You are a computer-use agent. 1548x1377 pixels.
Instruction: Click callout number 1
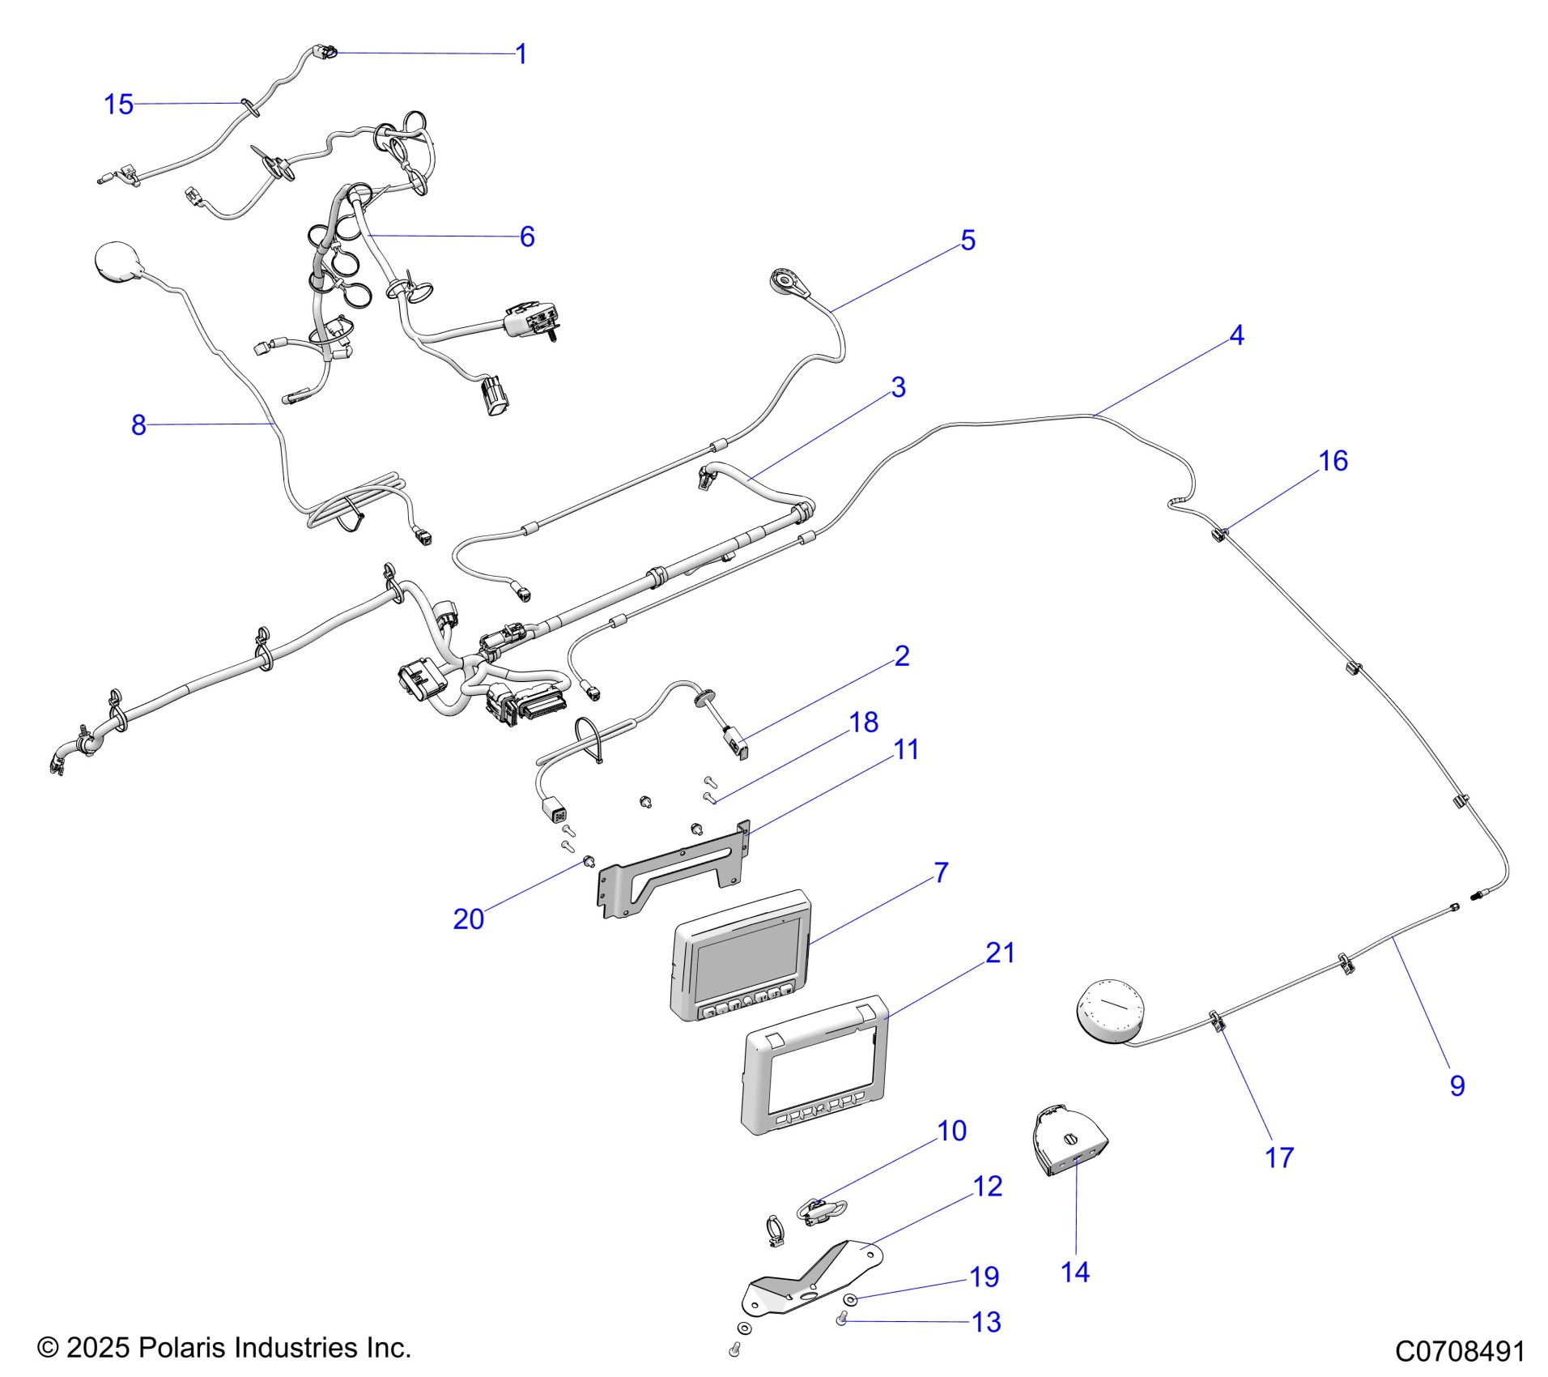(521, 54)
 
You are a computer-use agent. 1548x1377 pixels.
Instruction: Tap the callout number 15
(118, 104)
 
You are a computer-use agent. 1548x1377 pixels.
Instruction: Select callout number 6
(527, 237)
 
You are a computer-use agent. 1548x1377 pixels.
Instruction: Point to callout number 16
(1333, 461)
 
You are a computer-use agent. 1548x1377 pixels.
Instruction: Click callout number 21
(1000, 953)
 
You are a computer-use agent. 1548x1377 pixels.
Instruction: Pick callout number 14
(1074, 1273)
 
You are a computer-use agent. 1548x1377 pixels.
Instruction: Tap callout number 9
(1457, 1085)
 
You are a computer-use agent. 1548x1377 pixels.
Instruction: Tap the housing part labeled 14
(1070, 1147)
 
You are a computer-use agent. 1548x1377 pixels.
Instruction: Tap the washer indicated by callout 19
(850, 1299)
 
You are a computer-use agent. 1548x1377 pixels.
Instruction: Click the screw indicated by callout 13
(841, 1322)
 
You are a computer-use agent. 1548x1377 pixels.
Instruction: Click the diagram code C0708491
(1460, 1351)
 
